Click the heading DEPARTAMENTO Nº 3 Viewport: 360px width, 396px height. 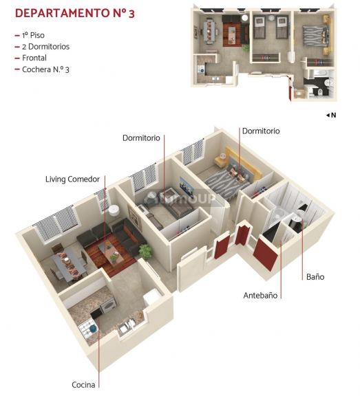coord(75,13)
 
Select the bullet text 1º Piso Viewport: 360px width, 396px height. coord(33,35)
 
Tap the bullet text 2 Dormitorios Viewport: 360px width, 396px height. coord(45,47)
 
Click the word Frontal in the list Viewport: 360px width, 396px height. coord(34,58)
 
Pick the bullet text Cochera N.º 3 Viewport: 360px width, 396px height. coord(45,69)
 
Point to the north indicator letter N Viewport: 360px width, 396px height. coord(333,115)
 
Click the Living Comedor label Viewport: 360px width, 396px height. coord(72,179)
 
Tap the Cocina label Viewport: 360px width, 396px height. coord(83,385)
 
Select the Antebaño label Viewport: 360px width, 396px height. coord(260,296)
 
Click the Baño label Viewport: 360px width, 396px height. coord(315,277)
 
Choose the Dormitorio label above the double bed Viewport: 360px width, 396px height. coord(261,131)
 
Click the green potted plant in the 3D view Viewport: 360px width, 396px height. coord(146,251)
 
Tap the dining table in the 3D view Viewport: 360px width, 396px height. coord(70,263)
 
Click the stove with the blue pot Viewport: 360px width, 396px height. coord(87,329)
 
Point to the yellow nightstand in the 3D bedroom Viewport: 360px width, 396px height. coord(220,160)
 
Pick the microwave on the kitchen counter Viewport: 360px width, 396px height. coord(108,305)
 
